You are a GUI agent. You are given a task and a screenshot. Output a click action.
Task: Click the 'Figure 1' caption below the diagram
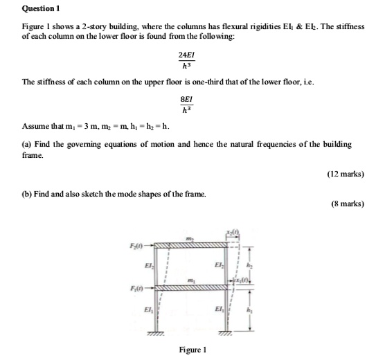(x=193, y=350)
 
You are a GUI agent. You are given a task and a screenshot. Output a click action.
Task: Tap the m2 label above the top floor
(x=189, y=237)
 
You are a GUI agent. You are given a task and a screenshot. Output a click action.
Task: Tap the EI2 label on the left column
(x=148, y=265)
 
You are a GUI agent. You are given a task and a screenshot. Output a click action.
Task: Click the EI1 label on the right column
(x=219, y=309)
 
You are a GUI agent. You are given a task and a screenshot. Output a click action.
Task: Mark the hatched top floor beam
(x=190, y=244)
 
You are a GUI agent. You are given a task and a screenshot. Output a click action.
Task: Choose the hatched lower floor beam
(x=190, y=286)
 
